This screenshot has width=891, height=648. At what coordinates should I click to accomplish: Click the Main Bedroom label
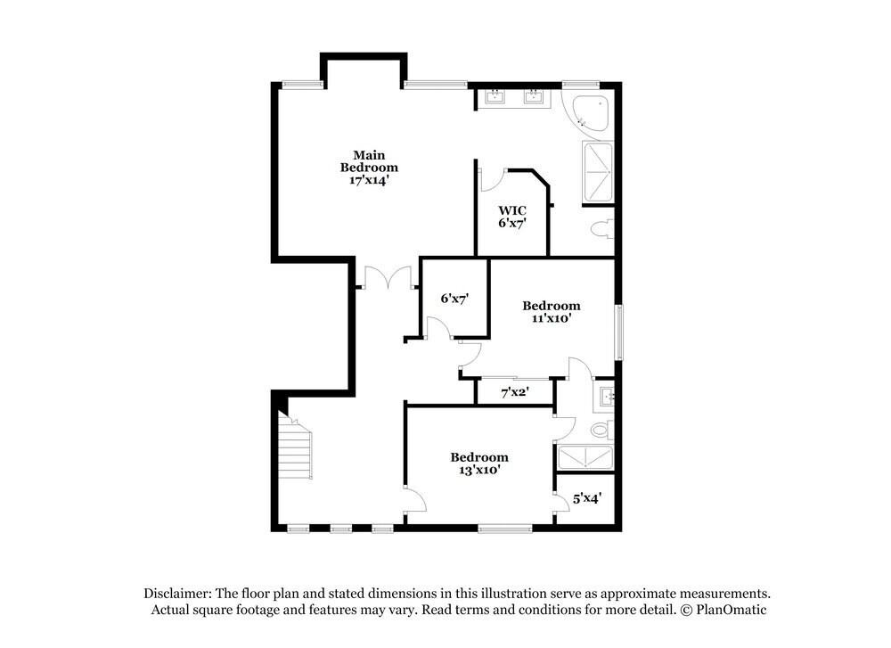click(x=369, y=160)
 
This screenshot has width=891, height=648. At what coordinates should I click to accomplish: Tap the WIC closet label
click(x=511, y=210)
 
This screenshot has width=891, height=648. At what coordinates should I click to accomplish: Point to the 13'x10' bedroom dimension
click(x=479, y=469)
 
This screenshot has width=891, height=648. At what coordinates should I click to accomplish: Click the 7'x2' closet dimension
click(x=516, y=391)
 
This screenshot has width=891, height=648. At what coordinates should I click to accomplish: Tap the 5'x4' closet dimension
click(x=586, y=499)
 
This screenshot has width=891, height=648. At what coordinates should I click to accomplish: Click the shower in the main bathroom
click(x=598, y=171)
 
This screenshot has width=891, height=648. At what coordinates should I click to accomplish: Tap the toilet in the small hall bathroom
click(x=601, y=431)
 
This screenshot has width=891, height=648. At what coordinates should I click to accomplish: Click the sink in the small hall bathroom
click(x=606, y=395)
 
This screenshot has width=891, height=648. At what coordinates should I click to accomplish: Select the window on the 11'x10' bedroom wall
click(x=618, y=331)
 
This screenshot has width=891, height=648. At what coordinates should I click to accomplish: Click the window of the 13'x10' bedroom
click(x=498, y=529)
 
